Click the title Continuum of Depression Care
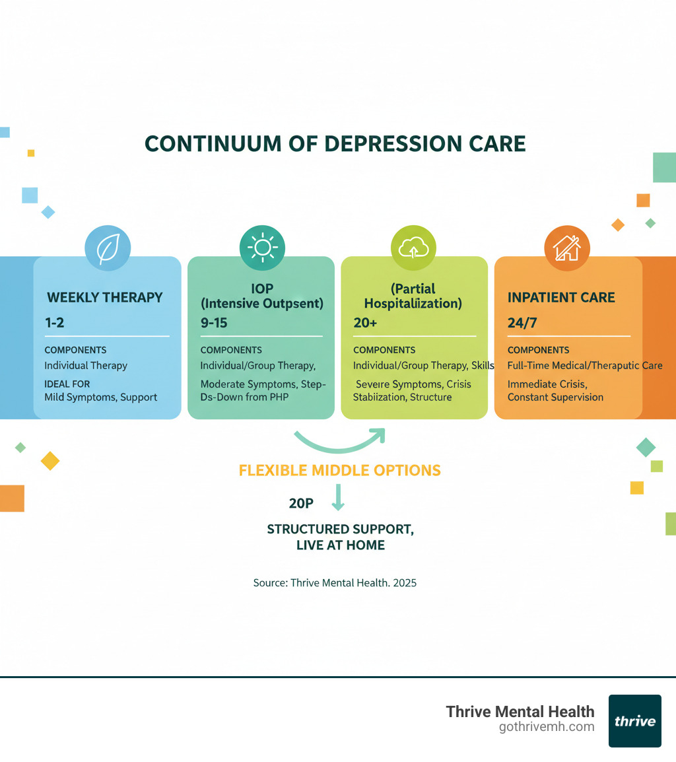(x=335, y=144)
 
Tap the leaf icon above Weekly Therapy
(x=108, y=249)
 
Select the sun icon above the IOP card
(x=261, y=248)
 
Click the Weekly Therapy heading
(x=105, y=297)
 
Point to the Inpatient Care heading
(x=561, y=297)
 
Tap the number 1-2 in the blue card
(x=55, y=324)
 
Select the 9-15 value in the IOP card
(x=214, y=324)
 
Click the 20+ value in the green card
(x=365, y=324)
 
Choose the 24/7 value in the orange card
(x=521, y=324)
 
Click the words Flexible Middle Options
(x=339, y=471)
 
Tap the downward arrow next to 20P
(x=337, y=497)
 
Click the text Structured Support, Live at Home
(x=340, y=537)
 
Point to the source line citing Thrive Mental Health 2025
(x=335, y=583)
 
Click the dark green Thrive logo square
(x=634, y=720)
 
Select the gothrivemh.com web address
(x=547, y=727)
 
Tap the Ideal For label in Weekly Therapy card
(x=67, y=384)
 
